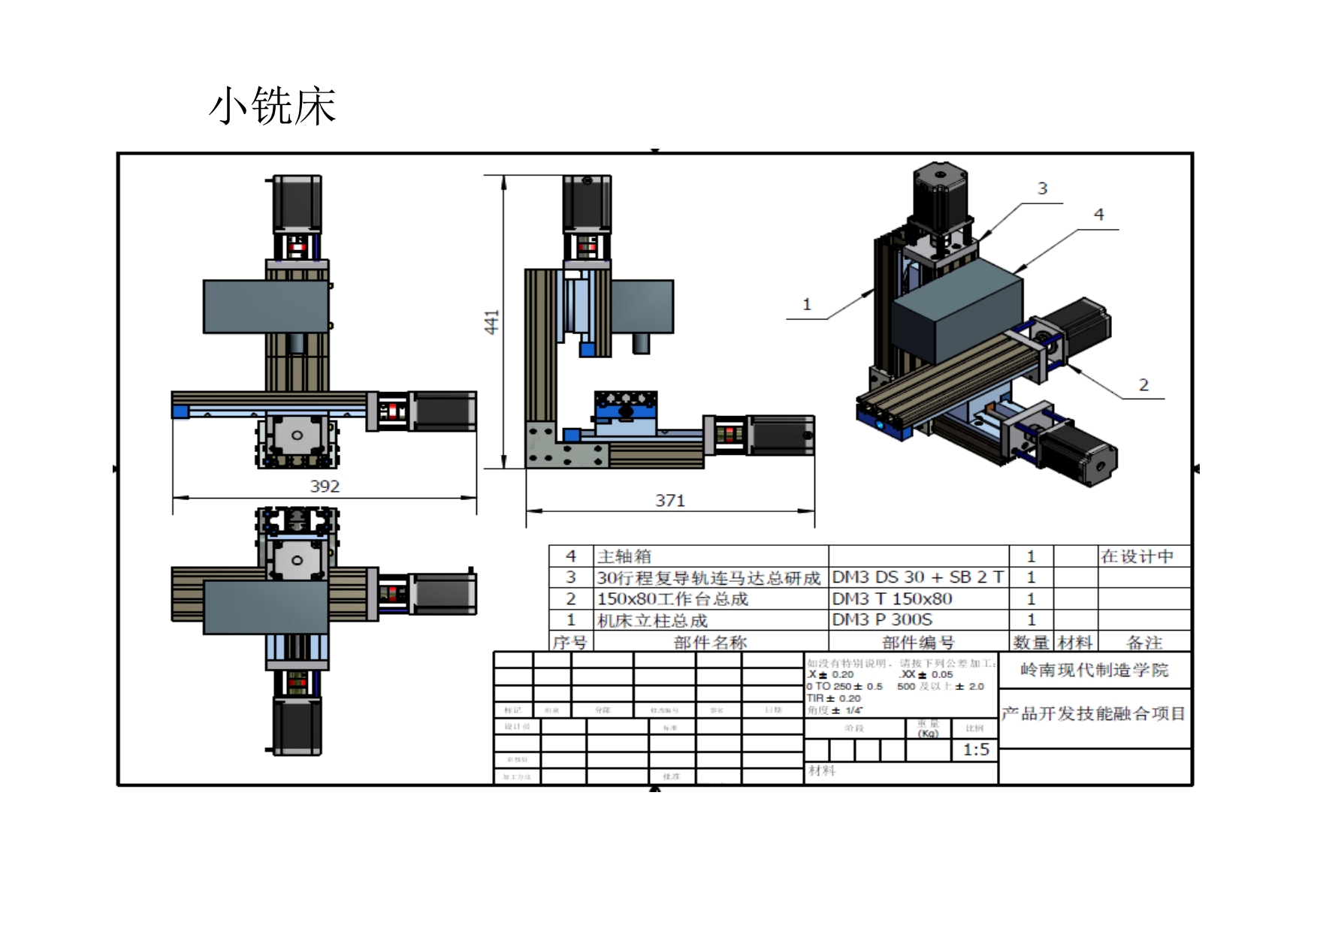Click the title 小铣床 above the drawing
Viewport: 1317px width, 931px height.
coord(272,106)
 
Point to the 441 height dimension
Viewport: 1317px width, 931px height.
coord(491,321)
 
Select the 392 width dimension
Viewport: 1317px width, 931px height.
coord(325,486)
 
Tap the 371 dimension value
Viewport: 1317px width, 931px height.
coord(669,500)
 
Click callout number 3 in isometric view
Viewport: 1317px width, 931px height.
coord(1042,188)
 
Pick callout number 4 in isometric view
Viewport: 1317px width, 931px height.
coord(1098,215)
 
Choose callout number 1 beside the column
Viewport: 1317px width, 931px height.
coord(807,304)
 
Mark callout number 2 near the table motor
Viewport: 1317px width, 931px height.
coord(1143,385)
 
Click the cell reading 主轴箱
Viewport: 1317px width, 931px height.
coord(624,556)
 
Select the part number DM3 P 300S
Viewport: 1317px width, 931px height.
coord(882,620)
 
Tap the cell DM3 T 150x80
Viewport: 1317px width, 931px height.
coord(892,599)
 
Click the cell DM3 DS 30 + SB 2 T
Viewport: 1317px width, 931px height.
coord(917,577)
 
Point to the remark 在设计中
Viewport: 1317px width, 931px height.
coord(1137,556)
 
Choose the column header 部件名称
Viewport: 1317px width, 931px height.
coord(710,643)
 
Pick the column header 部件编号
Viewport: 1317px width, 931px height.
coord(918,643)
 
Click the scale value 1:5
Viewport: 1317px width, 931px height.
coord(976,749)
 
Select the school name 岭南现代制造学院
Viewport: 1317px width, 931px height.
coord(1094,670)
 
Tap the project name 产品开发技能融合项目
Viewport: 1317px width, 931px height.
coord(1093,713)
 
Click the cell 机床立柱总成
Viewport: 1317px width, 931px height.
coord(652,621)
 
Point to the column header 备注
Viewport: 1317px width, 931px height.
coord(1144,643)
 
